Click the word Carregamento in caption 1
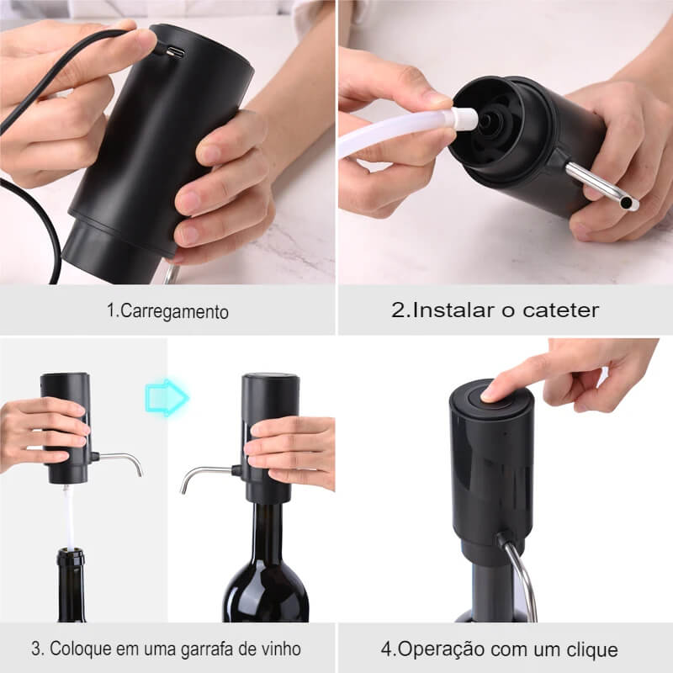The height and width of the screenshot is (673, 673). click(174, 310)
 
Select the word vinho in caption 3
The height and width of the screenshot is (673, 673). click(280, 649)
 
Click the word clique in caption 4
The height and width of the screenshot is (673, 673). click(594, 649)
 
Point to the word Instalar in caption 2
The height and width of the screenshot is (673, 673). click(449, 310)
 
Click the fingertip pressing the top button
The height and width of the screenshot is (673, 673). click(495, 389)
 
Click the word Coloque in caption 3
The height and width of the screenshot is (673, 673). click(75, 649)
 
